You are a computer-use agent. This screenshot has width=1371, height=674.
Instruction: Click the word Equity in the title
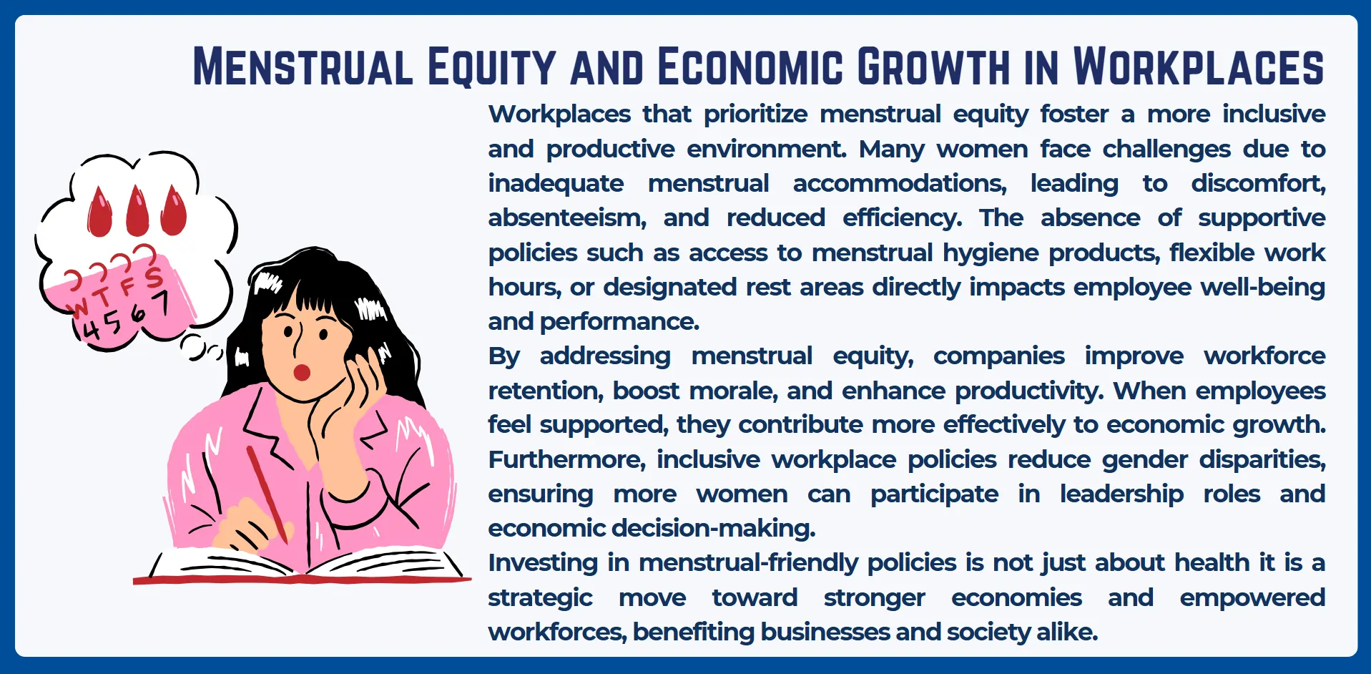point(491,67)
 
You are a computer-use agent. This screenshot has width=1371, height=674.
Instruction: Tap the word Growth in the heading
point(933,67)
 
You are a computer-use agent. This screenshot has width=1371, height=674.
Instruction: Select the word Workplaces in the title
point(1199,67)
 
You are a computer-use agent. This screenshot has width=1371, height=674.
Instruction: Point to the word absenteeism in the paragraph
point(567,218)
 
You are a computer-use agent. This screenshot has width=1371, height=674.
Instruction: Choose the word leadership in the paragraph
point(1121,494)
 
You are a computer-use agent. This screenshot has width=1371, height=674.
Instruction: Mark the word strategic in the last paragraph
point(540,598)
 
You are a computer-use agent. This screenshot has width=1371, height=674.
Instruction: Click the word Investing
point(543,563)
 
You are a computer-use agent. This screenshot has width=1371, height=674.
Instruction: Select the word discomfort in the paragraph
point(1258,183)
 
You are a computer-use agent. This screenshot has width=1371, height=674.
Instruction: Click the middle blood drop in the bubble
point(137,211)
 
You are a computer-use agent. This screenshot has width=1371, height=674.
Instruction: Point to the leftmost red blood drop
point(100,211)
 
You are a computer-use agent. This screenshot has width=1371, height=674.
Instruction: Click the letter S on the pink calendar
point(153,276)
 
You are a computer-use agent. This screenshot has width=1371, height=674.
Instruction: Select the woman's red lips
point(302,372)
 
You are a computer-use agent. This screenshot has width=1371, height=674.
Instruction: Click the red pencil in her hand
point(267,494)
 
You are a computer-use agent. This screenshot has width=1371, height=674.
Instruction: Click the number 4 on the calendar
point(90,330)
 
